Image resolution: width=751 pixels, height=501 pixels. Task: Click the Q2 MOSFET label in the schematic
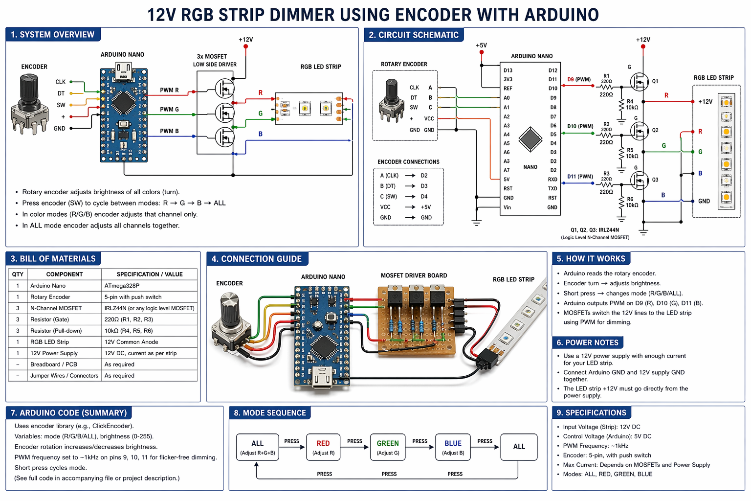pos(655,131)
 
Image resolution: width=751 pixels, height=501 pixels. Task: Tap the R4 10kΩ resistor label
pos(632,105)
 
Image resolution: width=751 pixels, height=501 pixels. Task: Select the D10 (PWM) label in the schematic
pos(580,126)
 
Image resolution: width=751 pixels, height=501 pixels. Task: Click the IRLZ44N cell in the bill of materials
pos(149,308)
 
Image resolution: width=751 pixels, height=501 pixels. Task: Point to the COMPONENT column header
pos(65,274)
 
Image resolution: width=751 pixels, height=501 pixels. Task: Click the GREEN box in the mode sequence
pos(388,447)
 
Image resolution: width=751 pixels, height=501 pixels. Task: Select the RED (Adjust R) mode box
pos(323,447)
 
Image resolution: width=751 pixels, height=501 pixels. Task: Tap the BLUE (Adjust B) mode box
pos(453,447)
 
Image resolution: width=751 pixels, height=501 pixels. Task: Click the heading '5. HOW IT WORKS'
pos(591,259)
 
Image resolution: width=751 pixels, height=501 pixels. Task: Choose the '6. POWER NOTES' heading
pos(588,342)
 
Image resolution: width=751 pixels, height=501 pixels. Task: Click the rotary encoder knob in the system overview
pos(29,88)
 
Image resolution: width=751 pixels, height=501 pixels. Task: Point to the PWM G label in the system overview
pos(169,110)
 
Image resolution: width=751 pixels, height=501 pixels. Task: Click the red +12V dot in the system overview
pos(245,46)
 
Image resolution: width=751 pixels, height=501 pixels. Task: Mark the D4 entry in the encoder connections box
pos(424,197)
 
